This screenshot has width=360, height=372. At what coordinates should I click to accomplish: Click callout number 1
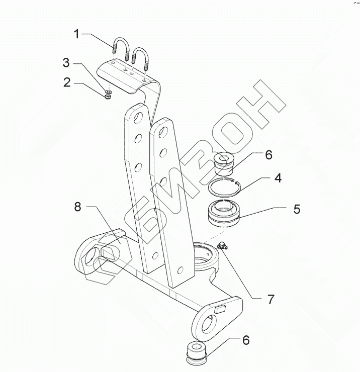point(77,34)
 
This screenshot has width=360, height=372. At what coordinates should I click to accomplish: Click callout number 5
point(297,208)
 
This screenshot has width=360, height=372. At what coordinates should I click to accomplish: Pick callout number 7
point(271,300)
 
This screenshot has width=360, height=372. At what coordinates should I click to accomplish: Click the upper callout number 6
point(268,155)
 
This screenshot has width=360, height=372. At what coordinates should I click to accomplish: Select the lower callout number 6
point(246,340)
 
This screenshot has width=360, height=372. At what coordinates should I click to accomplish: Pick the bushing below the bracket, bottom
point(196,351)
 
